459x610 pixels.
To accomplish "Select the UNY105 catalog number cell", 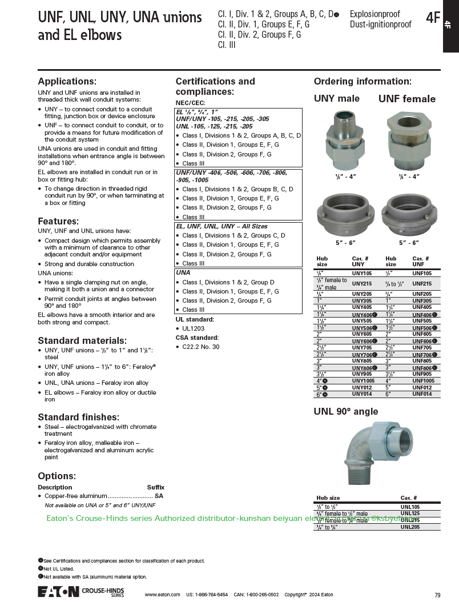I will [x=362, y=274].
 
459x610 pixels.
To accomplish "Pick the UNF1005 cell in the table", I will [x=423, y=380].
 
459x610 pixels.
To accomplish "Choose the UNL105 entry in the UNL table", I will [x=410, y=507].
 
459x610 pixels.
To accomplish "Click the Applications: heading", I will [x=67, y=82].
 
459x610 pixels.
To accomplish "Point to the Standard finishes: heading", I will [x=78, y=417].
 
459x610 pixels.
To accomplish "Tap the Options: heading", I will [x=57, y=476].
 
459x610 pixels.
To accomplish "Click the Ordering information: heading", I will [x=363, y=82].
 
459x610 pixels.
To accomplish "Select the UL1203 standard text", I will [x=193, y=328].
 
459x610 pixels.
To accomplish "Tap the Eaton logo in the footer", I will [x=58, y=592].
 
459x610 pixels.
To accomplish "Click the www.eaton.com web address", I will [x=163, y=595].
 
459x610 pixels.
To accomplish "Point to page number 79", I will [x=437, y=595].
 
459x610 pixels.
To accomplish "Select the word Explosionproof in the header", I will [x=375, y=14].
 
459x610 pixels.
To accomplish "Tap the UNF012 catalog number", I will [x=422, y=387].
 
